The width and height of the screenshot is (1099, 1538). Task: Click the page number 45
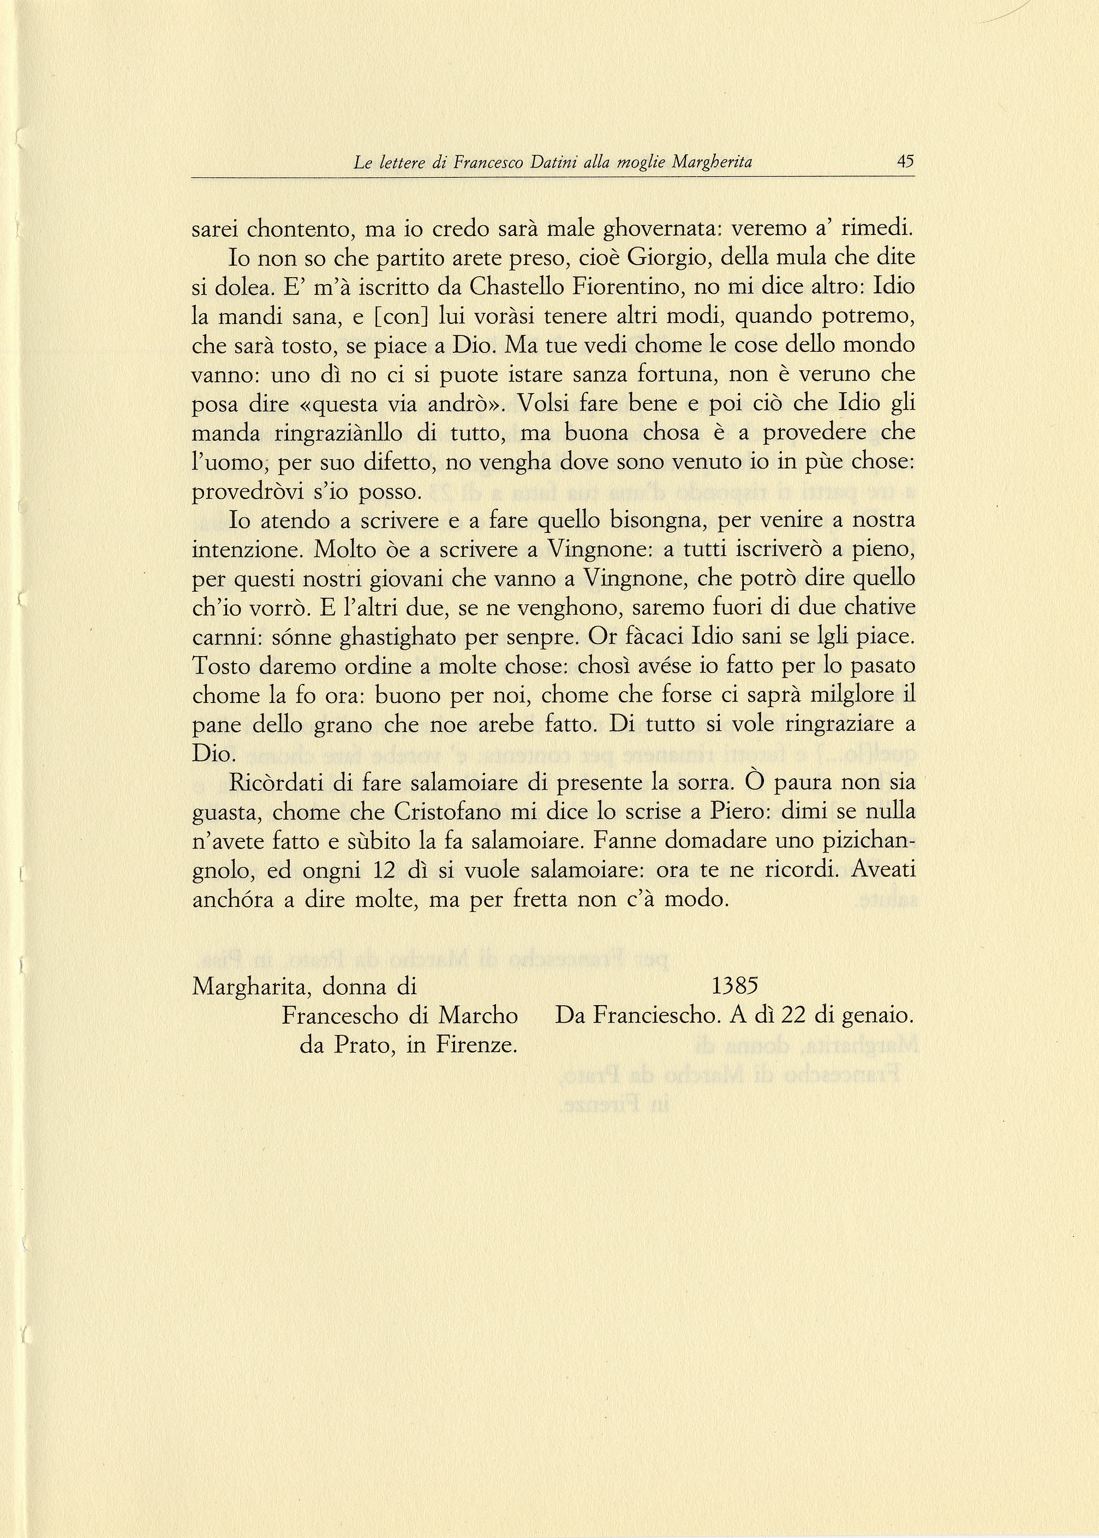coord(905,161)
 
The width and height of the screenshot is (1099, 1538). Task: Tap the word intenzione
coord(248,550)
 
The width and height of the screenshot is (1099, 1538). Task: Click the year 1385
coord(734,986)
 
